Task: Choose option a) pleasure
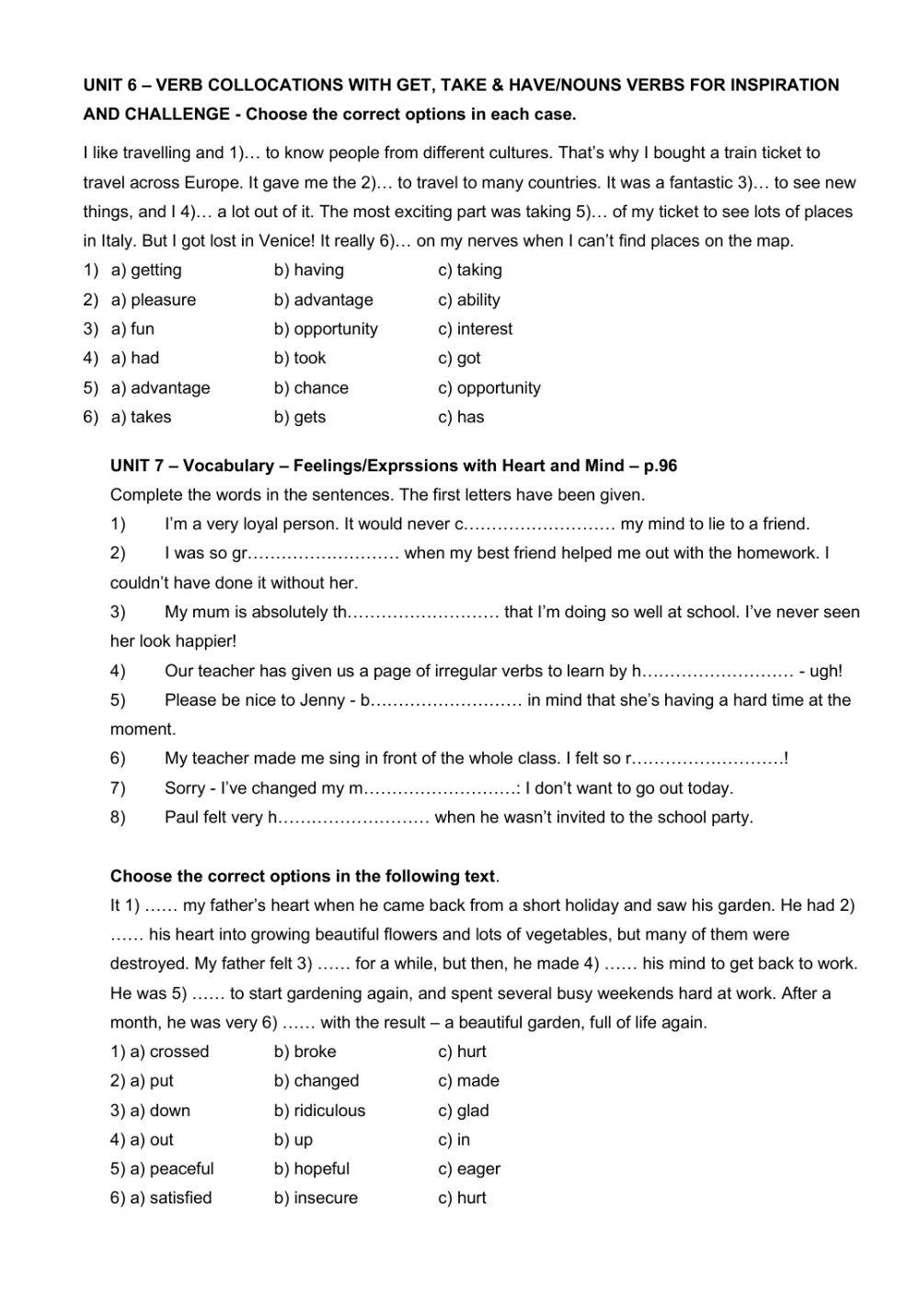click(153, 299)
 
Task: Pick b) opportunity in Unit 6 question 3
click(326, 328)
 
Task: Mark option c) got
click(459, 358)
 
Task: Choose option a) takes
click(141, 417)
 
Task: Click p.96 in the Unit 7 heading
click(660, 466)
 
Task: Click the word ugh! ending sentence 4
click(825, 671)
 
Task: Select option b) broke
click(305, 1052)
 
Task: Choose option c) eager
click(469, 1168)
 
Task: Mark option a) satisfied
click(161, 1198)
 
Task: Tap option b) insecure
click(316, 1198)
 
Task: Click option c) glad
click(464, 1110)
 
